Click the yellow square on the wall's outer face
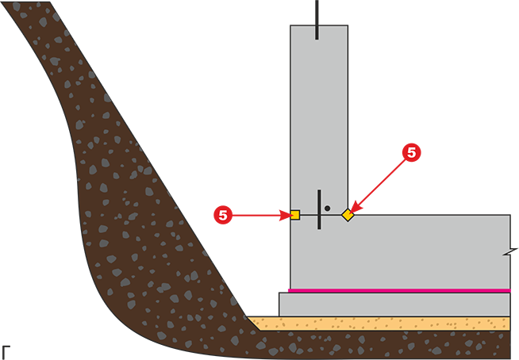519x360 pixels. pyautogui.click(x=295, y=215)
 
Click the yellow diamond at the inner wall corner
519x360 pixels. pyautogui.click(x=348, y=215)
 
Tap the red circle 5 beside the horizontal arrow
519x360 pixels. pyautogui.click(x=223, y=215)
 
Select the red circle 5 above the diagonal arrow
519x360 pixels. pyautogui.click(x=411, y=153)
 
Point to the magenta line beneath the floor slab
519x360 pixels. pyautogui.click(x=399, y=290)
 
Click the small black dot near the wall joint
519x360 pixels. pyautogui.click(x=328, y=208)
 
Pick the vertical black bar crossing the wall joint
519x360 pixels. pyautogui.click(x=319, y=209)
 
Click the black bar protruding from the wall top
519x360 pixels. pyautogui.click(x=317, y=20)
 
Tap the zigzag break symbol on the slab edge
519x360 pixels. pyautogui.click(x=510, y=252)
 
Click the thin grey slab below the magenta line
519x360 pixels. pyautogui.click(x=394, y=304)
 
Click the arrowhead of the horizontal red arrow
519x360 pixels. pyautogui.click(x=286, y=216)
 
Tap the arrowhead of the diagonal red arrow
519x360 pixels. pyautogui.click(x=356, y=206)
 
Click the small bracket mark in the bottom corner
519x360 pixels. pyautogui.click(x=6, y=352)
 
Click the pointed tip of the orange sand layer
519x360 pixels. pyautogui.click(x=248, y=317)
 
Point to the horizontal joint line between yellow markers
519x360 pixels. pyautogui.click(x=321, y=216)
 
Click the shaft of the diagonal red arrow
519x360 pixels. pyautogui.click(x=381, y=182)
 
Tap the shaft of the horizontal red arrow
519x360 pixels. pyautogui.click(x=256, y=216)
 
